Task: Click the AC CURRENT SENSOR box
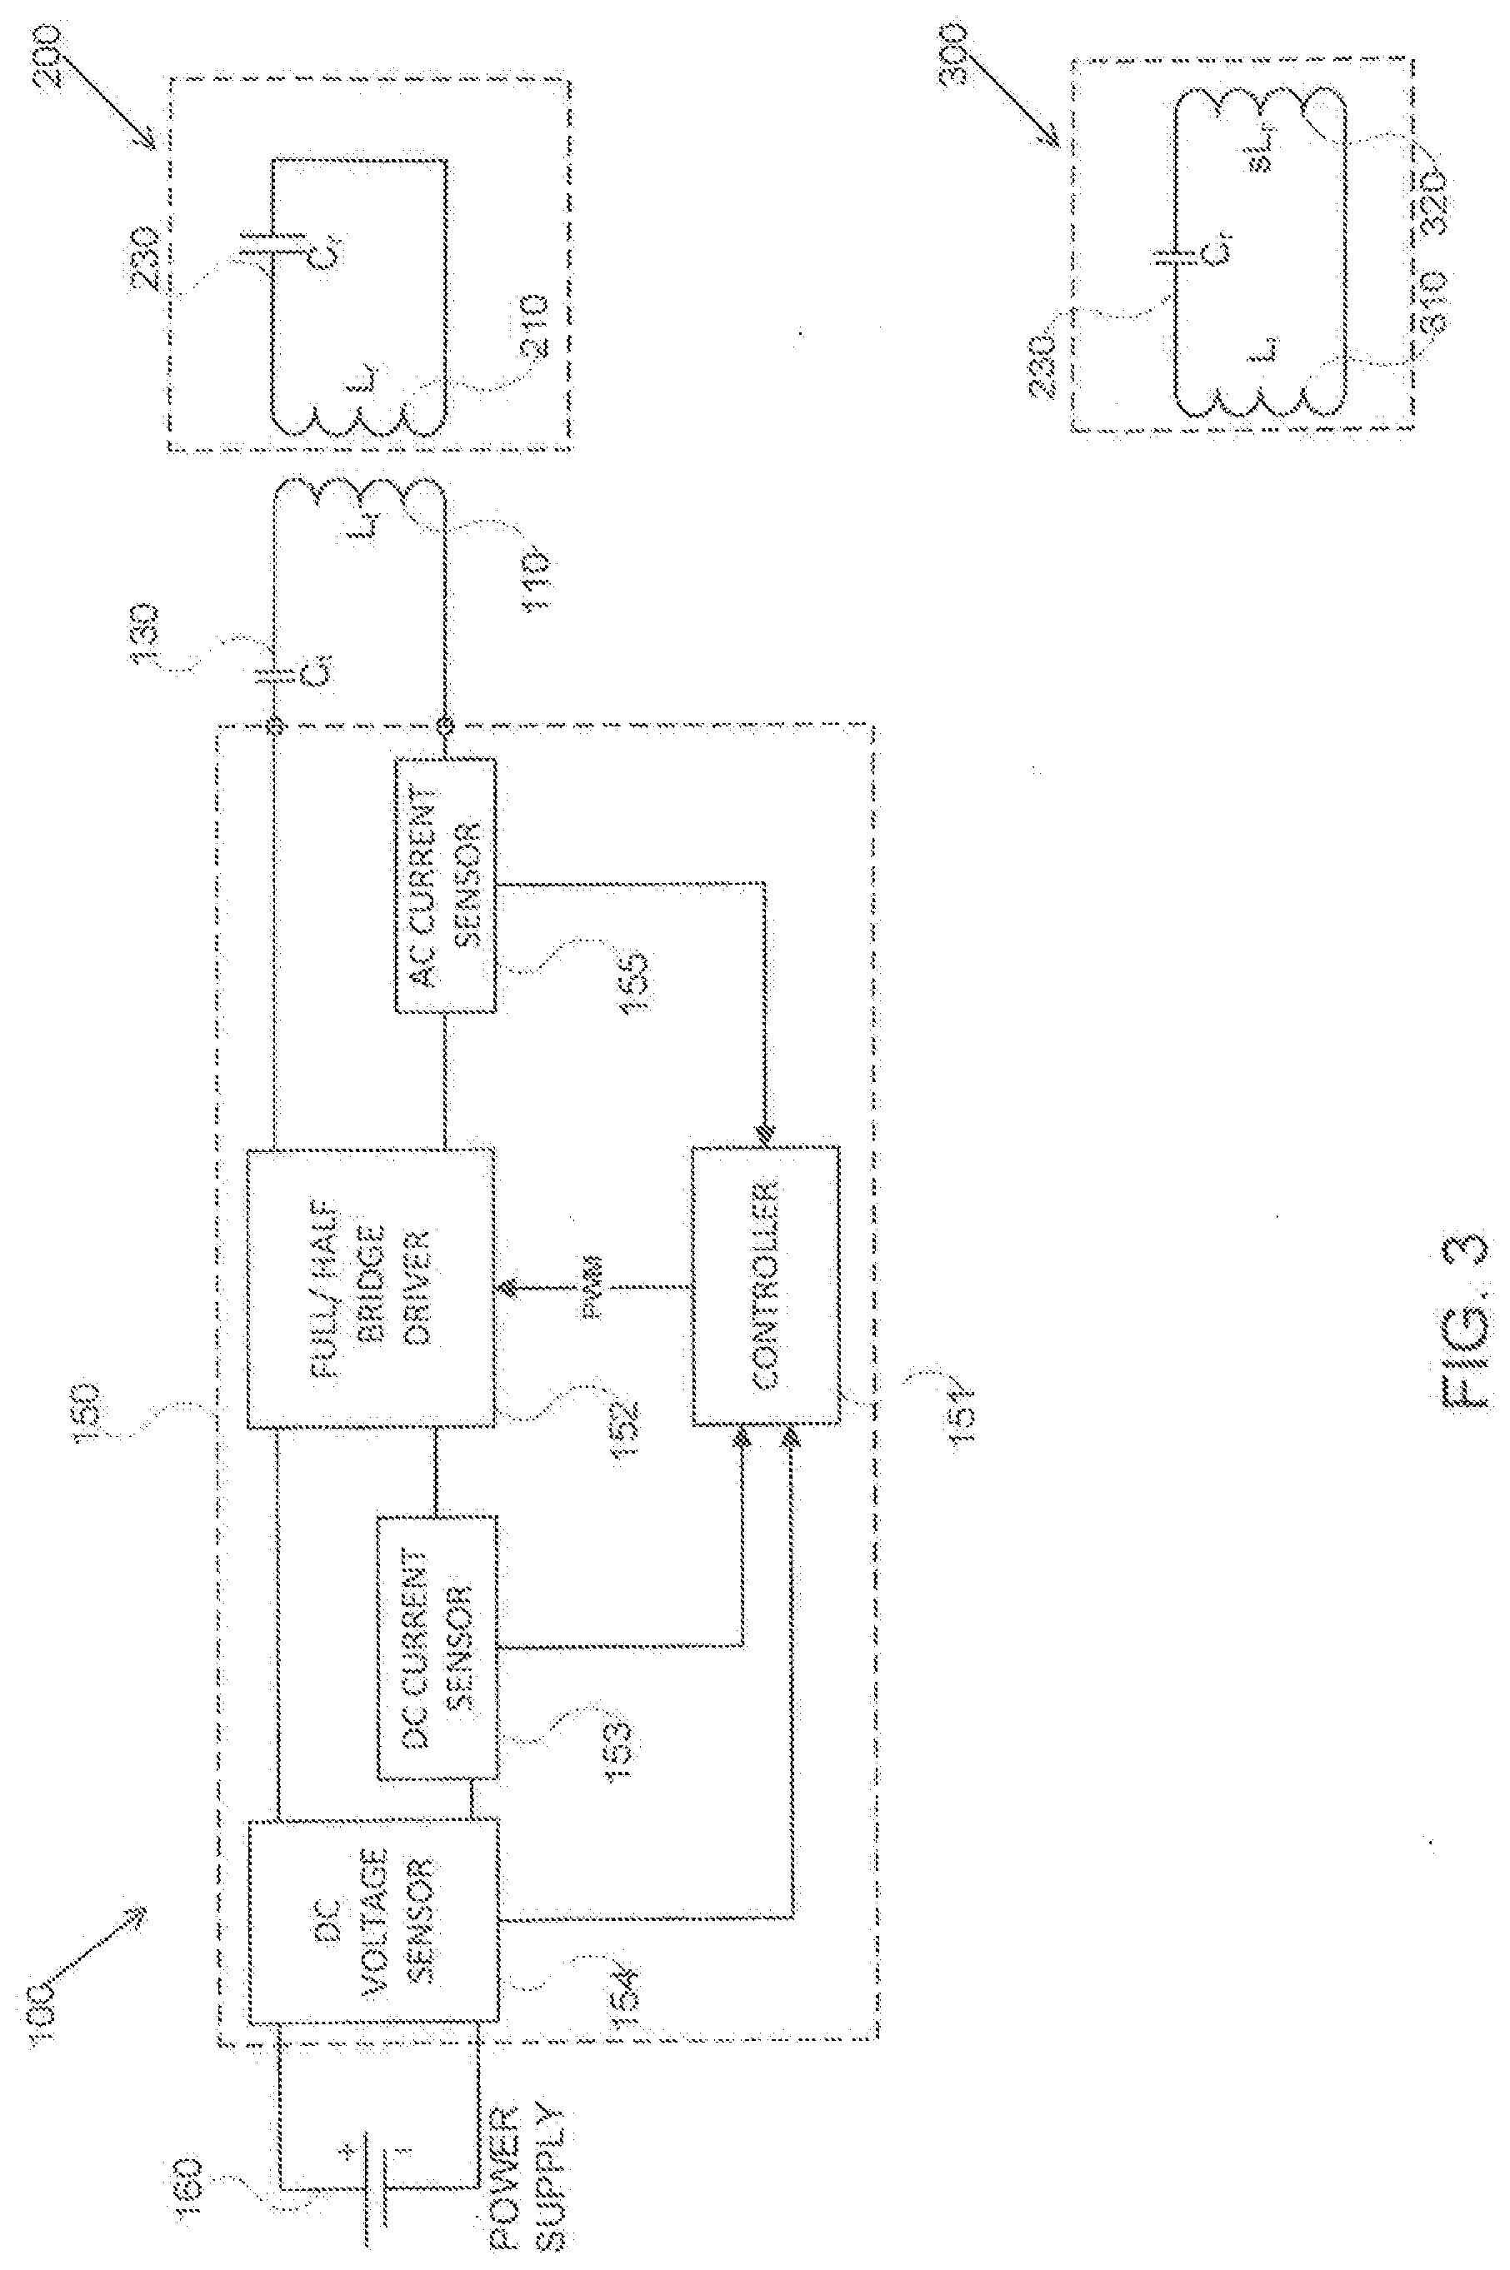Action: click(x=446, y=885)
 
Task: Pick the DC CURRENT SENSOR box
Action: click(x=437, y=1646)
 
